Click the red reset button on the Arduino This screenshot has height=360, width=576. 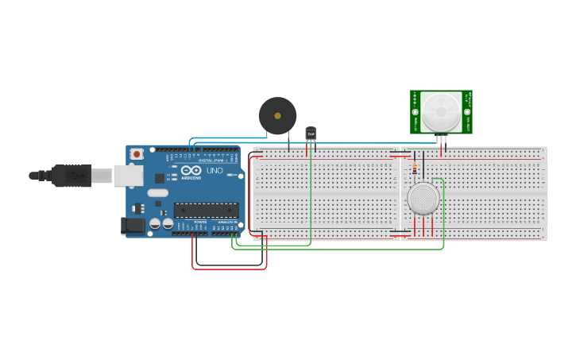[x=137, y=154]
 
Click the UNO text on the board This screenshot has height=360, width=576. [x=215, y=170]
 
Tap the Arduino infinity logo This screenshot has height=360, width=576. [x=191, y=170]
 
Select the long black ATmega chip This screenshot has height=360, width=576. [x=206, y=211]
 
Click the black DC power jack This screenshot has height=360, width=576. [x=133, y=226]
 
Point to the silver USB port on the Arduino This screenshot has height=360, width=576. [x=128, y=175]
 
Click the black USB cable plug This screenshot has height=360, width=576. [x=72, y=175]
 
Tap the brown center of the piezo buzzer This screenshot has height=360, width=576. [x=277, y=116]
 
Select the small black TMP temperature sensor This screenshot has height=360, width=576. [x=311, y=134]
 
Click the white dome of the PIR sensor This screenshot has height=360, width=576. [x=441, y=112]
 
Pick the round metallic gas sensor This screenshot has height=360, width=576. [x=423, y=198]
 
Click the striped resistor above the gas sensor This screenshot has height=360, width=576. [x=414, y=168]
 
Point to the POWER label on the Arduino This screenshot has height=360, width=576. [x=200, y=223]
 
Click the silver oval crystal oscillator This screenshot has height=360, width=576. [x=158, y=192]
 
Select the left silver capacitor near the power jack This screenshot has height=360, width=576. [x=155, y=224]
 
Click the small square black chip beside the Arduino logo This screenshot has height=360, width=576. [x=160, y=178]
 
